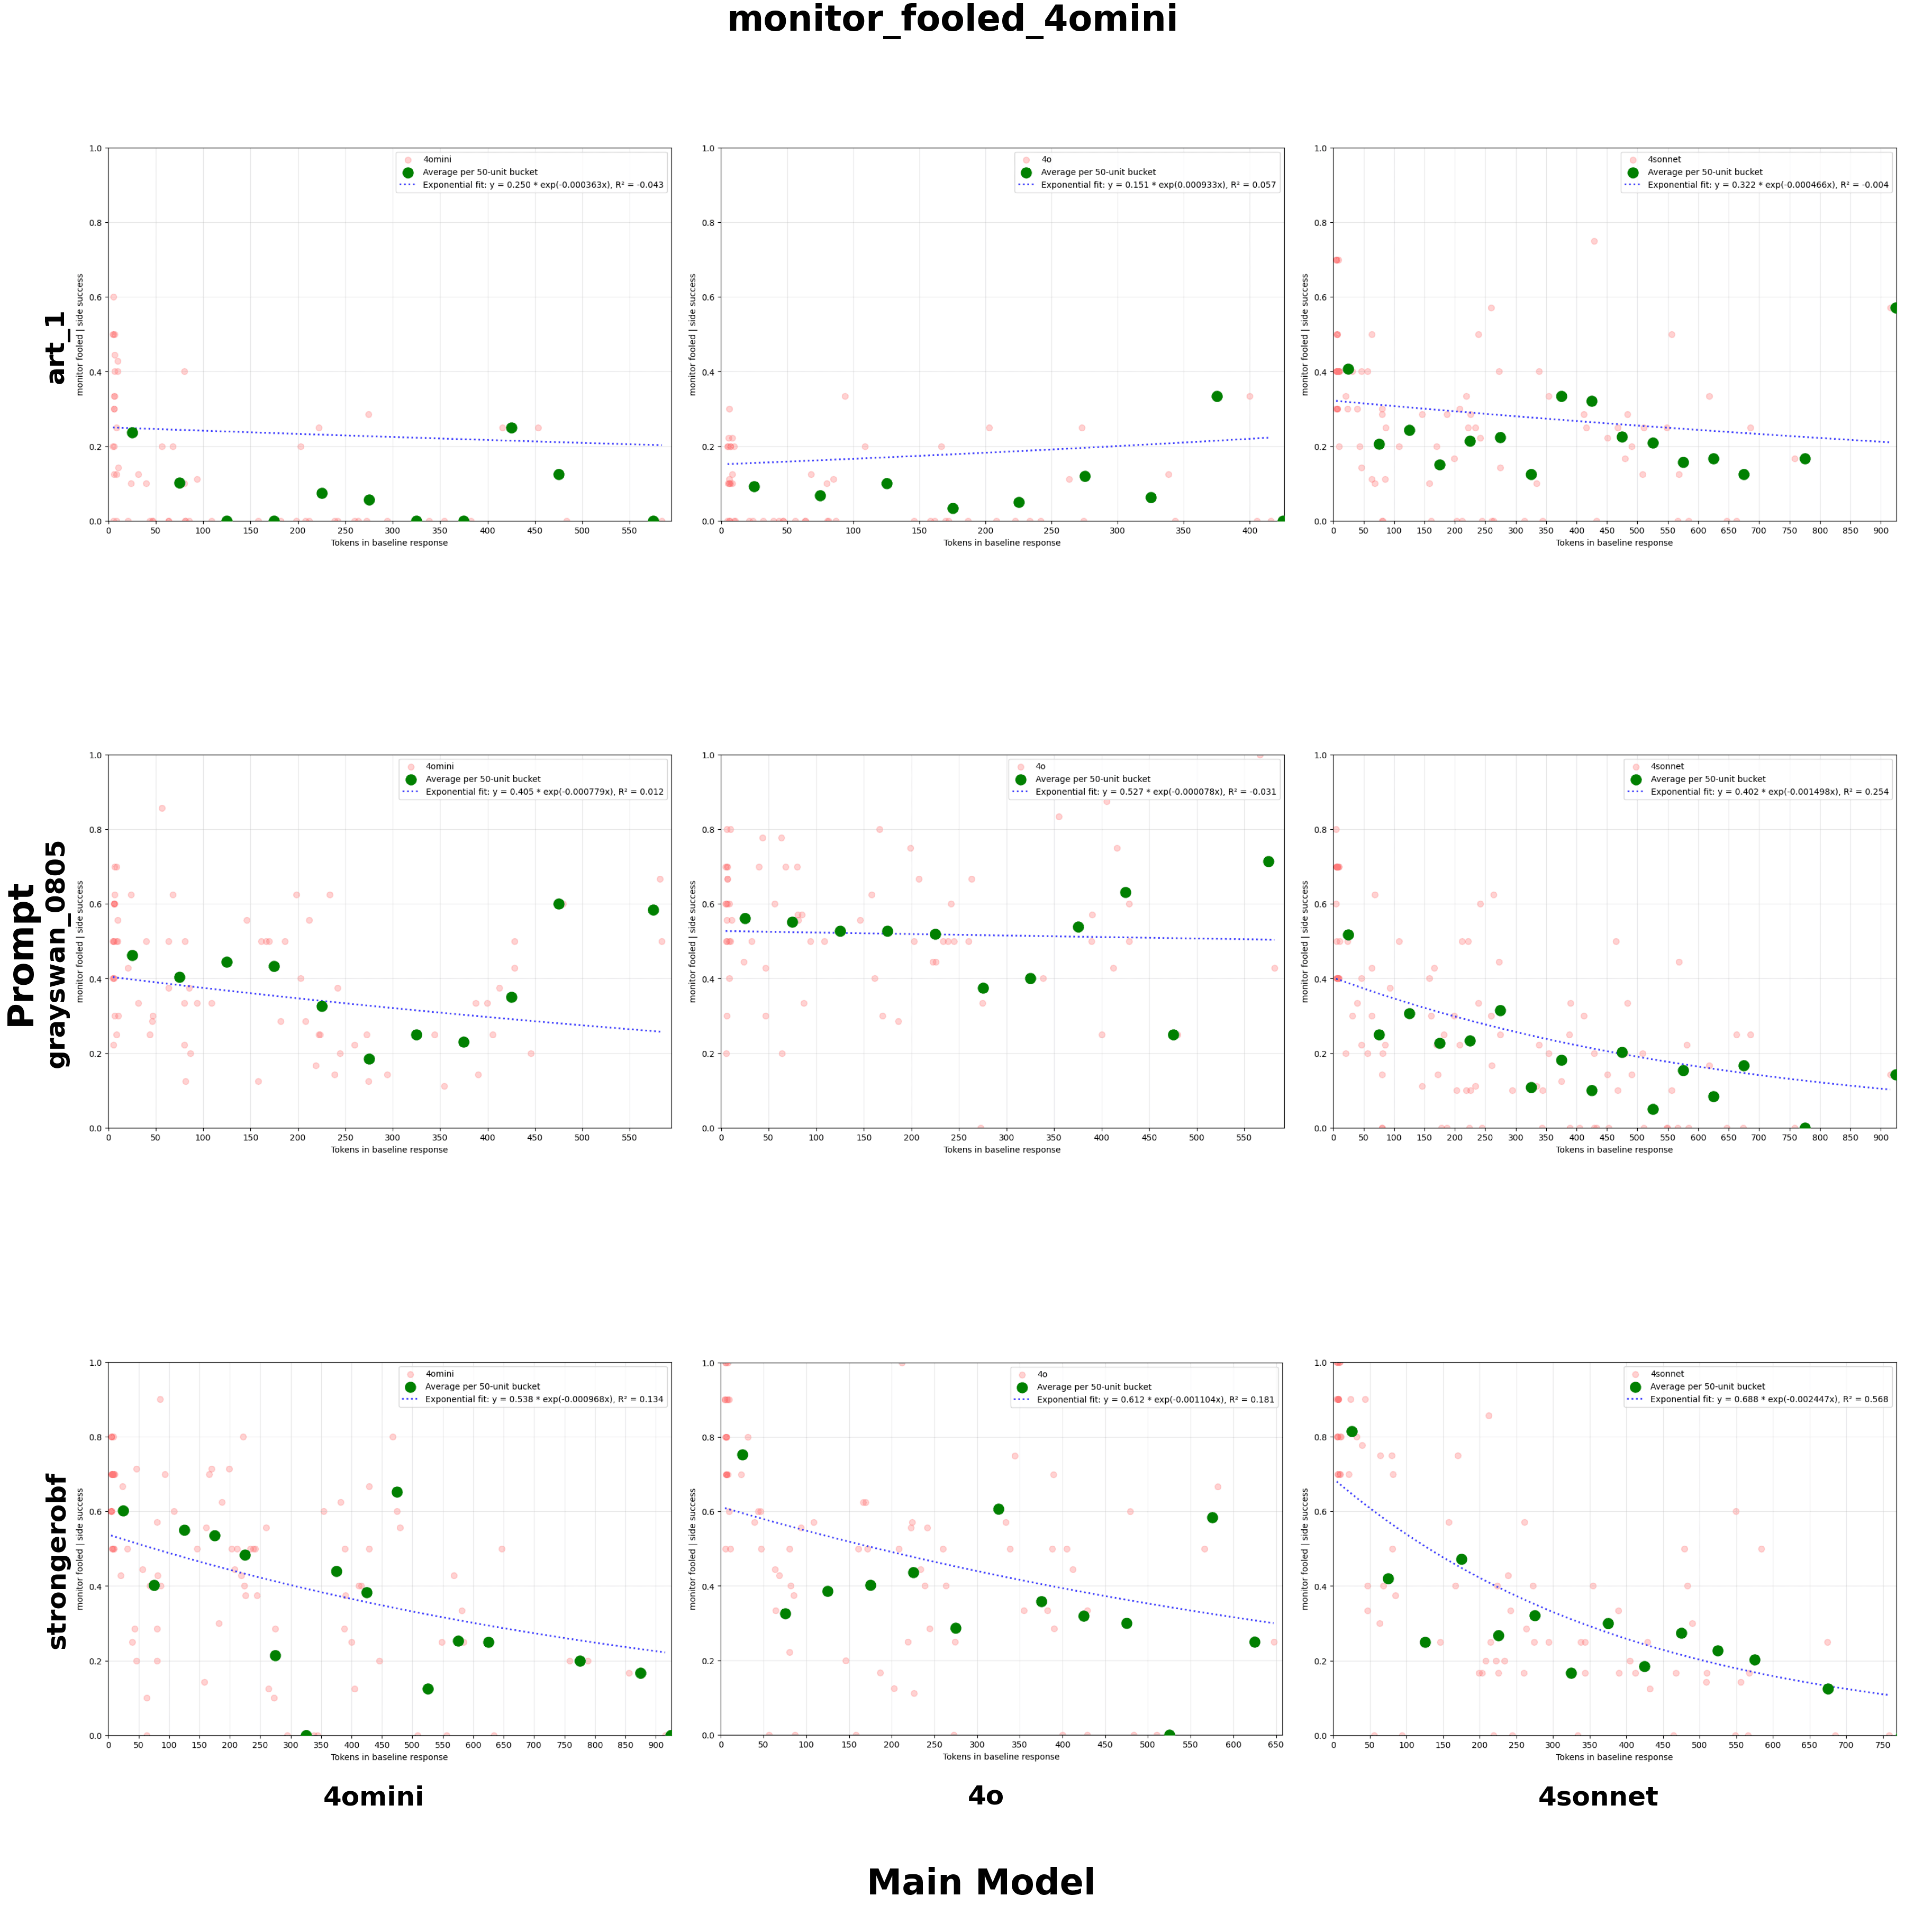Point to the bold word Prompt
(22, 955)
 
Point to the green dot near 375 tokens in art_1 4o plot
(1217, 396)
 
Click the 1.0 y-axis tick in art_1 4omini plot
(96, 149)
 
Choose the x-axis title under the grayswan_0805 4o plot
(1002, 1150)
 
